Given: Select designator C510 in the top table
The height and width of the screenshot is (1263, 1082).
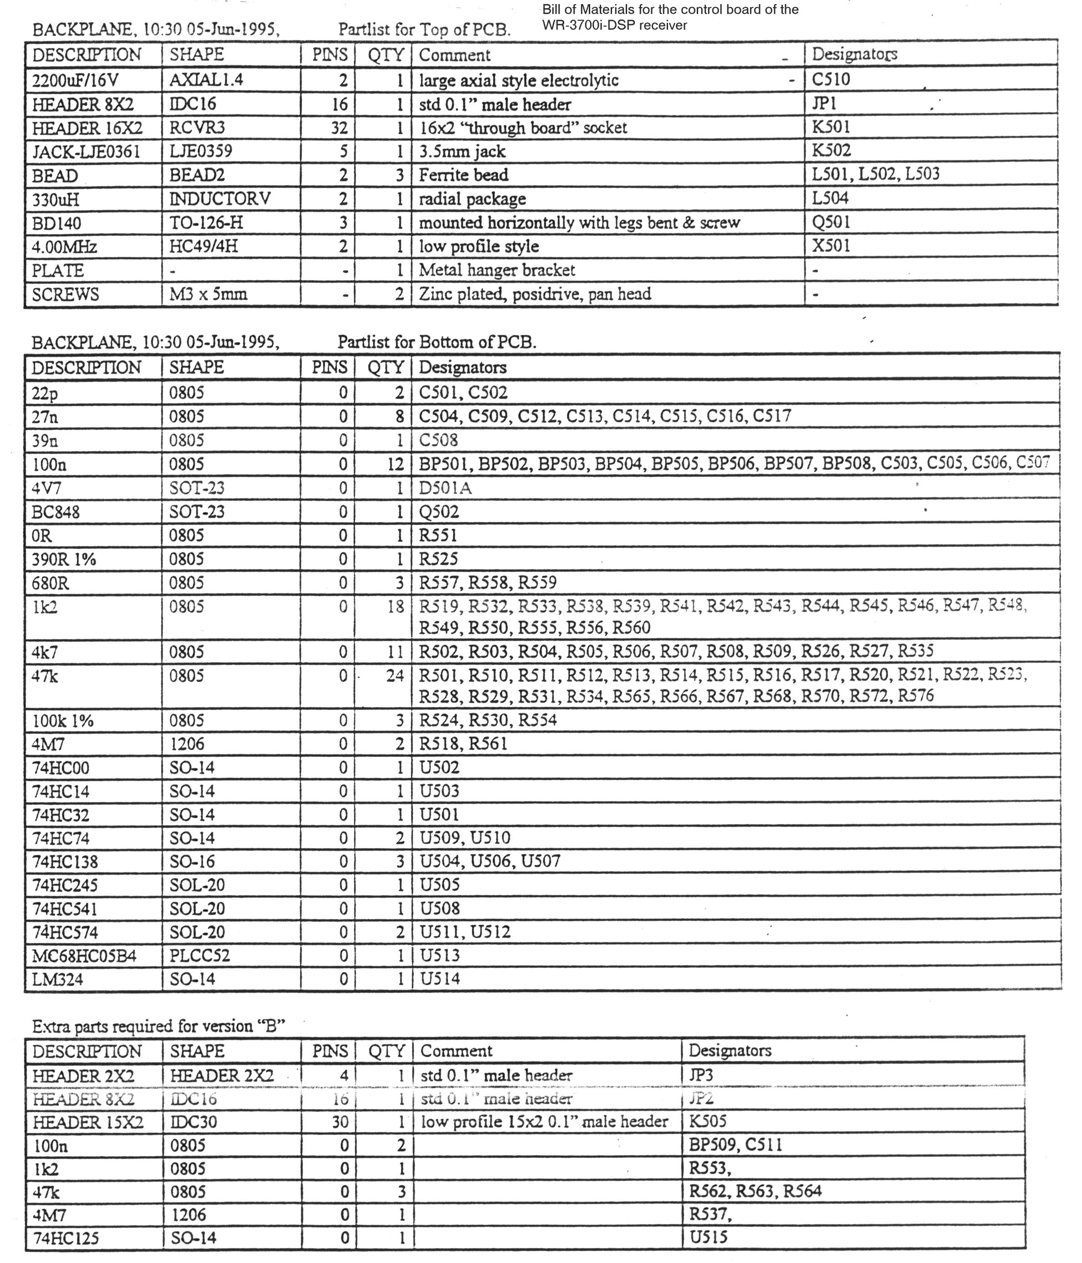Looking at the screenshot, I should pos(831,79).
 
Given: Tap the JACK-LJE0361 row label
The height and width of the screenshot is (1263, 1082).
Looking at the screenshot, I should pos(86,151).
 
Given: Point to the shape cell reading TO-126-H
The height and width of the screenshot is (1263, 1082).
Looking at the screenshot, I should pos(206,222).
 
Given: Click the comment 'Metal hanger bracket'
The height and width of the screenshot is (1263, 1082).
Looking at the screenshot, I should pos(497,270).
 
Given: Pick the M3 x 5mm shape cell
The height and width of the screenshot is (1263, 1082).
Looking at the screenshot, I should pos(209,294).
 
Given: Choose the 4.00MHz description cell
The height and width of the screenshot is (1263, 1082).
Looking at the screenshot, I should pos(65,247).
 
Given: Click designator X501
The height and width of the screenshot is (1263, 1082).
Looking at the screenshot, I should pos(831,245).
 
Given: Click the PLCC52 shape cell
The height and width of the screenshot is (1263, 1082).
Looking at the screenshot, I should pos(200,955).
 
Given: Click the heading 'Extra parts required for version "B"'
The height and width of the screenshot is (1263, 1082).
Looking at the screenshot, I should pos(158,1027).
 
